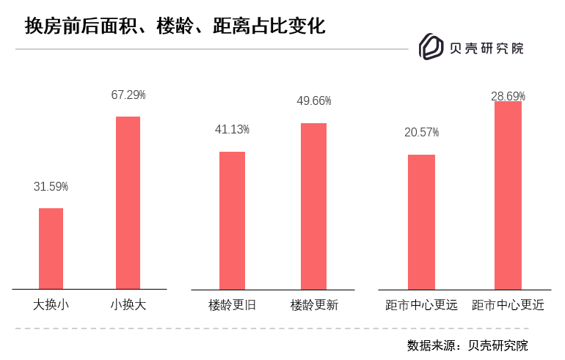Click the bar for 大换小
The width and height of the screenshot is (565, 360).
(x=51, y=249)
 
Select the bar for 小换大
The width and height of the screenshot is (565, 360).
(x=128, y=202)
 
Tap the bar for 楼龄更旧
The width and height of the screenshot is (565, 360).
(x=232, y=220)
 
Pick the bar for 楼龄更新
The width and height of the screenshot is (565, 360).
(x=313, y=206)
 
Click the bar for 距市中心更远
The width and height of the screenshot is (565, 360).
(x=421, y=221)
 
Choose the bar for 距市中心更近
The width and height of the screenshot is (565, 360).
(x=508, y=195)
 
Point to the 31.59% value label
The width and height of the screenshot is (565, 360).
(x=51, y=187)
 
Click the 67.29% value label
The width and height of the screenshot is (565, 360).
(x=128, y=95)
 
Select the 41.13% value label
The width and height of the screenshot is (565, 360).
(x=232, y=130)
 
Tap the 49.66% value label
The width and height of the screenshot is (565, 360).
(x=313, y=101)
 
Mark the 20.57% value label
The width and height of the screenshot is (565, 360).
(x=421, y=133)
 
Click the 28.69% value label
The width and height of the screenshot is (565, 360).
(x=508, y=96)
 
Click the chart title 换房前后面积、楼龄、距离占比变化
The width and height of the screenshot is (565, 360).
(x=175, y=26)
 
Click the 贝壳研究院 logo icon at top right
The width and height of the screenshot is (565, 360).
(x=431, y=47)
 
